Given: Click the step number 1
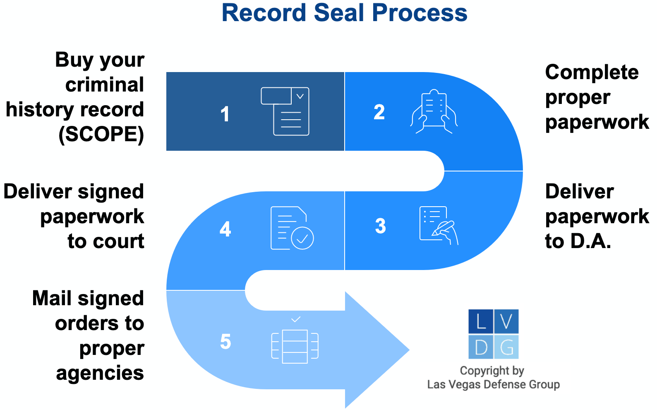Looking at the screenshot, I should pyautogui.click(x=225, y=114).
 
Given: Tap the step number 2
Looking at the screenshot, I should pyautogui.click(x=379, y=112).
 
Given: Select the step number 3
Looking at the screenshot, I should pyautogui.click(x=380, y=226).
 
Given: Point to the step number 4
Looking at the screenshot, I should pyautogui.click(x=225, y=229).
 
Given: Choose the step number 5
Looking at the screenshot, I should pyautogui.click(x=225, y=342).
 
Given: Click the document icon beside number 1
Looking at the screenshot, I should pyautogui.click(x=285, y=111).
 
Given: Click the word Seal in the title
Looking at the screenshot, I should pyautogui.click(x=340, y=13).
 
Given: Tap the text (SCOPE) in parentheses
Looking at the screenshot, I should pyautogui.click(x=102, y=134).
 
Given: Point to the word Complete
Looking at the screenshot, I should pyautogui.click(x=592, y=72).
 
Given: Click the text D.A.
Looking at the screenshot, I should pyautogui.click(x=590, y=241).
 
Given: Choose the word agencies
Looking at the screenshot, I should pyautogui.click(x=100, y=373).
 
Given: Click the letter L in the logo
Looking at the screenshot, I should pyautogui.click(x=481, y=321).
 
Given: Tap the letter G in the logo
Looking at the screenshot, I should pyautogui.click(x=506, y=347).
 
